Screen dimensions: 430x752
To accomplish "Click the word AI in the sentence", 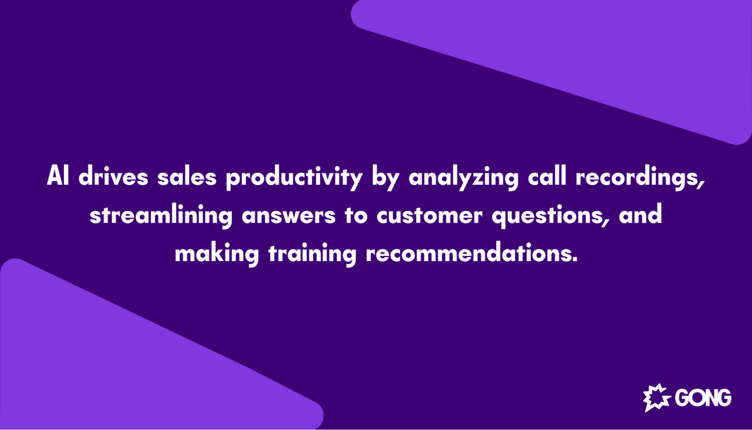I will pos(58,176).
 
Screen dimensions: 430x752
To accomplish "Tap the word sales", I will pos(187,177).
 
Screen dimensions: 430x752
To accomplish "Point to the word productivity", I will pos(294,178).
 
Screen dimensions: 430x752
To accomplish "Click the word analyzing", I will pos(463,178).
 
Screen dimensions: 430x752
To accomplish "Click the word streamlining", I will pos(161,216).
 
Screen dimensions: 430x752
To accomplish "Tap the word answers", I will pos(288,216).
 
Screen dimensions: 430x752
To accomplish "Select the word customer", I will pos(429,216).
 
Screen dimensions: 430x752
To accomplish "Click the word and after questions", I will pos(640,214).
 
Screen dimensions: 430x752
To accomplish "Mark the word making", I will pos(217,254).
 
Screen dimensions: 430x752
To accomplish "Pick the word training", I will pos(312,254).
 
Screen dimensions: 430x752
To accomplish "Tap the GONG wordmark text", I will pos(703,398).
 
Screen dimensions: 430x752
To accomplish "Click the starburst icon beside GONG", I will pos(656,398).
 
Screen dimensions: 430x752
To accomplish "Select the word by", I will pos(385,178).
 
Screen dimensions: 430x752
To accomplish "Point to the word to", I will pos(356,216).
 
